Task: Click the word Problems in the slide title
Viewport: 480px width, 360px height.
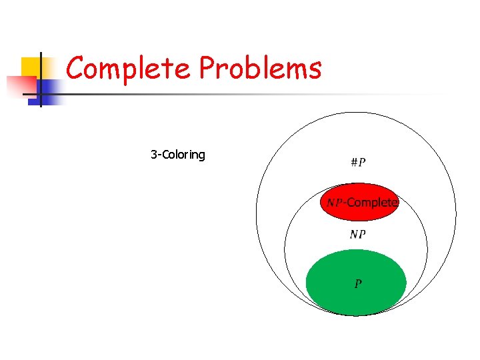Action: pyautogui.click(x=261, y=69)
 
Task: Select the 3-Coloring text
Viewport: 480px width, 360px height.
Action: pyautogui.click(x=178, y=155)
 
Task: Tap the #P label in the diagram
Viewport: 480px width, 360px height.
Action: pyautogui.click(x=357, y=163)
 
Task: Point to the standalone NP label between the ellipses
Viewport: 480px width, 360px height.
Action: pyautogui.click(x=357, y=234)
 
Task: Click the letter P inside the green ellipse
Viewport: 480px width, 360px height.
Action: pyautogui.click(x=358, y=284)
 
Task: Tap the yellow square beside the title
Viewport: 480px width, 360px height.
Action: pyautogui.click(x=30, y=67)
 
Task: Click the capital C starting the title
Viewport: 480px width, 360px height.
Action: pyautogui.click(x=76, y=69)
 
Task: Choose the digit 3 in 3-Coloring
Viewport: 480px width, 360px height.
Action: pyautogui.click(x=154, y=155)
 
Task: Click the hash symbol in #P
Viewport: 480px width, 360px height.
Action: pyautogui.click(x=353, y=163)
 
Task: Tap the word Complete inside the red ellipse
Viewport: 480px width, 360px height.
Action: pyautogui.click(x=372, y=202)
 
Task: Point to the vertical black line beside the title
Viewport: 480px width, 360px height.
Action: pyautogui.click(x=40, y=80)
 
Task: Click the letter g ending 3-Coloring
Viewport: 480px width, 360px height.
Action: pyautogui.click(x=201, y=157)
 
